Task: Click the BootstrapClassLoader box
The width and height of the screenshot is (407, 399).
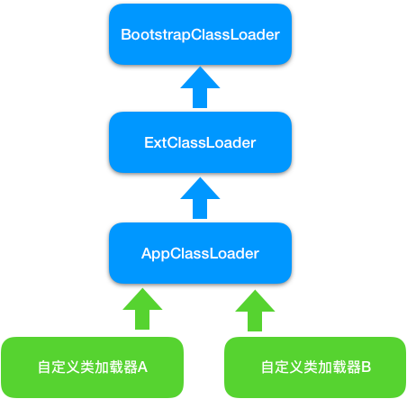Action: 200,34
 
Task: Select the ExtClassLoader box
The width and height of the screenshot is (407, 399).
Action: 200,142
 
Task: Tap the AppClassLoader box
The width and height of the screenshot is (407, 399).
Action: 200,253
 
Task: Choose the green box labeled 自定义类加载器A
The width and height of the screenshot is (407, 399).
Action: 92,367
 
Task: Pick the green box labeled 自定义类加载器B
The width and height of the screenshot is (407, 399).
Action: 315,367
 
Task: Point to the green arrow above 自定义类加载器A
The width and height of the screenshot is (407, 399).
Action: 141,309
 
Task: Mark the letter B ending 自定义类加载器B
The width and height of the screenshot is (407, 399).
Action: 366,367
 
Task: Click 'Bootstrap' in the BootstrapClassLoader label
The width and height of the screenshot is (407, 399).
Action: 151,34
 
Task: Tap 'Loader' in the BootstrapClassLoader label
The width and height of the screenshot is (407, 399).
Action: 256,34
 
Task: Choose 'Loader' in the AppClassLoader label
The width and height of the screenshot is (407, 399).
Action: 235,253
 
